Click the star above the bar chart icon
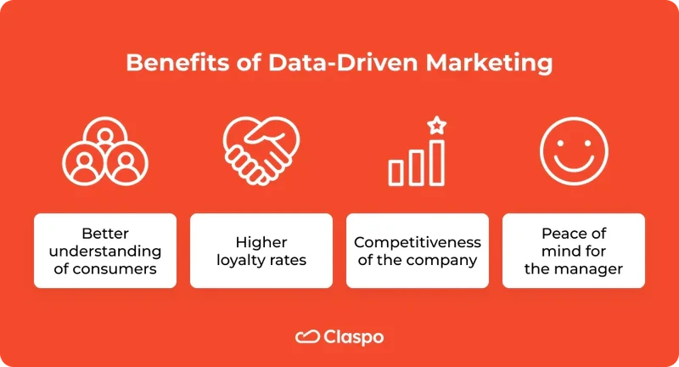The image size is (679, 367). [436, 126]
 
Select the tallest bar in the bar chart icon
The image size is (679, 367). [436, 162]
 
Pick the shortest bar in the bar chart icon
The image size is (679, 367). [396, 172]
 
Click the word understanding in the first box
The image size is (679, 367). [105, 251]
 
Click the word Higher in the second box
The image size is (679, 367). [261, 242]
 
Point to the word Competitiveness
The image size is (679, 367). [417, 242]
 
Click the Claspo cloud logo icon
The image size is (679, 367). [306, 337]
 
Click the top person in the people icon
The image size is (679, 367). [105, 137]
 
